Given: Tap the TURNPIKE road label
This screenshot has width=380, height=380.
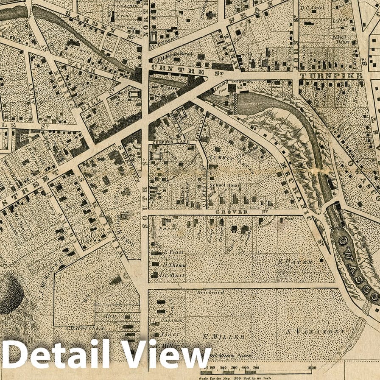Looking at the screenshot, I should click(x=331, y=76).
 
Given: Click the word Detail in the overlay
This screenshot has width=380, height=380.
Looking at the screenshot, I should click(x=53, y=355).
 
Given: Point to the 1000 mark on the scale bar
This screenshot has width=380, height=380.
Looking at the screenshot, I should click(x=312, y=368).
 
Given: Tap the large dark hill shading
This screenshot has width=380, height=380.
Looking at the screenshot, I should click(x=9, y=293).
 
